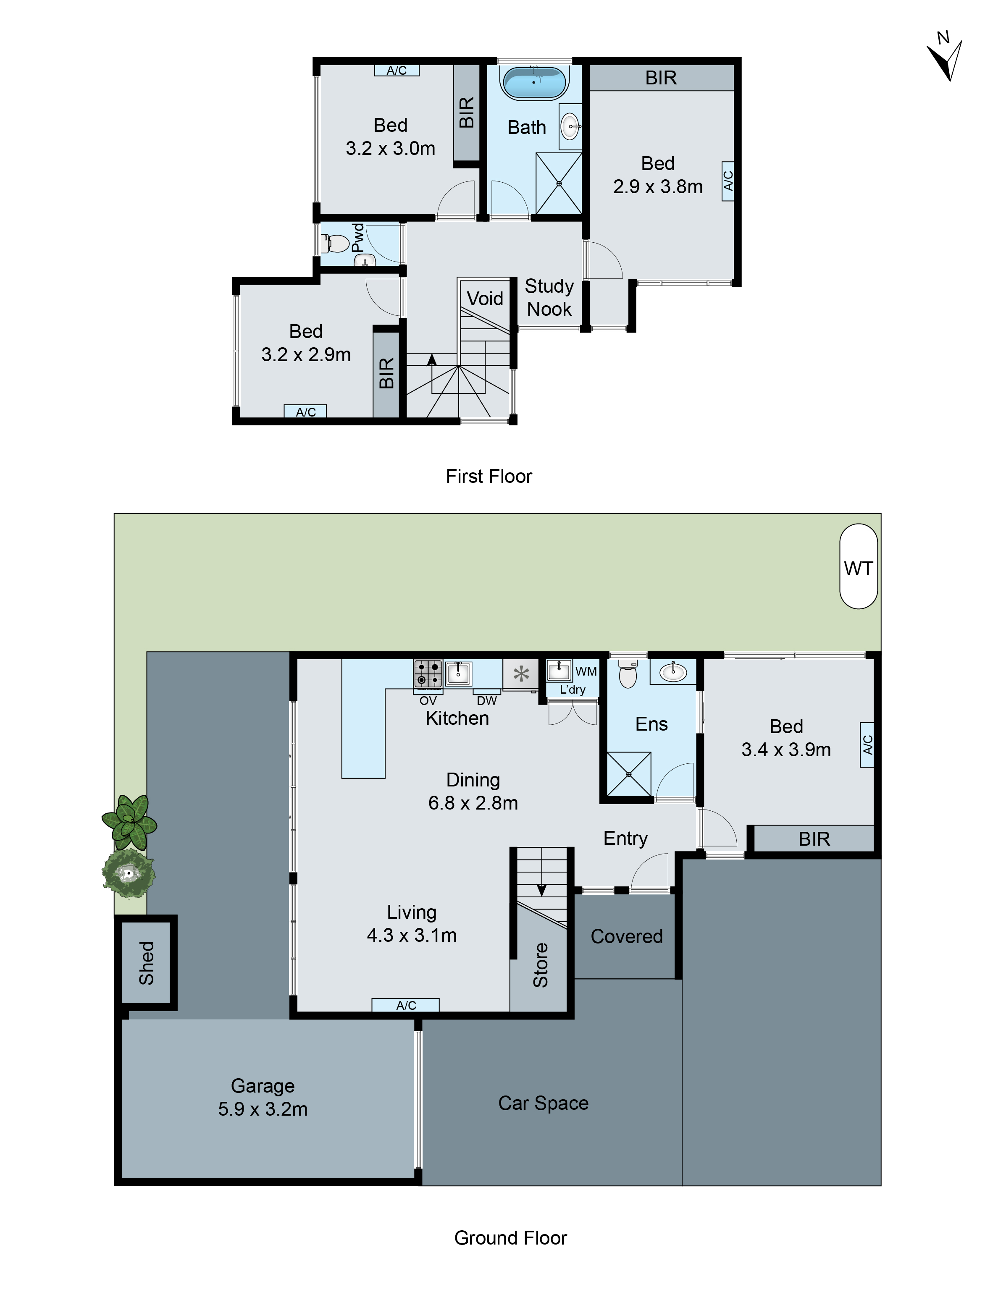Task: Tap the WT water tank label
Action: (858, 568)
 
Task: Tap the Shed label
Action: (147, 963)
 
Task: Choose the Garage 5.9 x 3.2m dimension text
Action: (263, 1109)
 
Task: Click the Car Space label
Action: (543, 1103)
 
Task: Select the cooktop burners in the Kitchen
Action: (428, 674)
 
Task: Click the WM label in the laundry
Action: (586, 671)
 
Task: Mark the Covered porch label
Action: (626, 936)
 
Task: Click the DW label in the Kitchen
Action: (486, 700)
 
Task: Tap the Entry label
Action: (625, 838)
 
